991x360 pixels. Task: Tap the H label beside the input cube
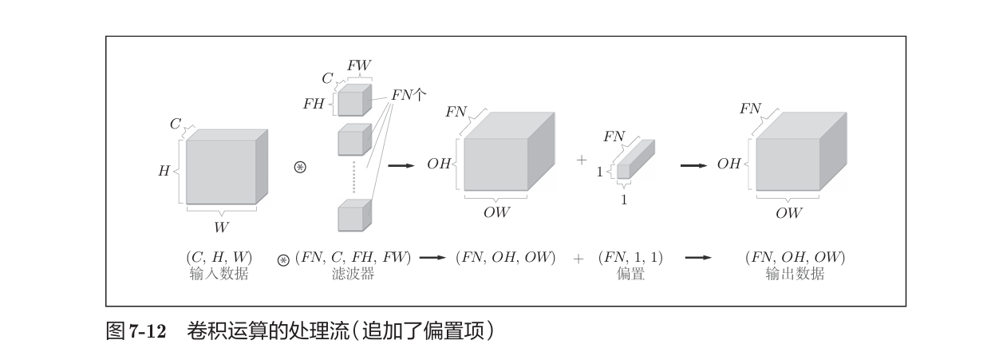click(164, 171)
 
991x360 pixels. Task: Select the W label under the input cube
click(221, 227)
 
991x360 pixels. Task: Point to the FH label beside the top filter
click(314, 104)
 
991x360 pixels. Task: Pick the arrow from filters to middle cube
click(401, 165)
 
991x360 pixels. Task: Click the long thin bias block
click(635, 160)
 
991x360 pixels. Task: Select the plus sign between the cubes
click(582, 160)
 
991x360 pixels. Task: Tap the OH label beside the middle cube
click(439, 164)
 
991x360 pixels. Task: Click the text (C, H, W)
click(219, 257)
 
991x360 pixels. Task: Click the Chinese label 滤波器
click(353, 274)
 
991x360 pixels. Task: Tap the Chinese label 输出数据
click(795, 274)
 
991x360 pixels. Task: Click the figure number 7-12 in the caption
click(147, 330)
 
